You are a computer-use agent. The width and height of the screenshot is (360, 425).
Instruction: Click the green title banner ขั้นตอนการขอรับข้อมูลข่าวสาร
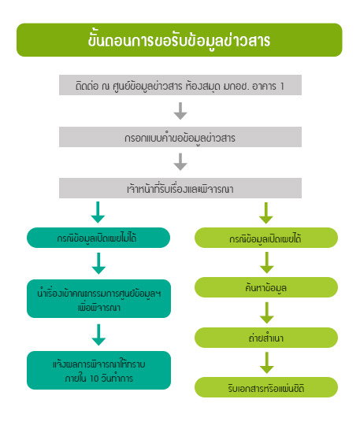click(180, 40)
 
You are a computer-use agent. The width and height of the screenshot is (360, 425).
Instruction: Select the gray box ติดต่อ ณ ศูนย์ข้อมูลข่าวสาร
click(180, 85)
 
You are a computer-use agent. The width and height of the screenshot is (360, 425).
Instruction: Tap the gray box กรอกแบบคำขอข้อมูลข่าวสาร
click(180, 137)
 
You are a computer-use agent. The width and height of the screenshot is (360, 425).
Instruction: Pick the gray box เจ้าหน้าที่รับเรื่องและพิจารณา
click(180, 188)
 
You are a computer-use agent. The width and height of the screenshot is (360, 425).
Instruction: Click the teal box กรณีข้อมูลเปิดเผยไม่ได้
click(98, 238)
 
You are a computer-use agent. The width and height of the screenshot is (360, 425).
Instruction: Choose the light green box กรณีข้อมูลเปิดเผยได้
click(266, 238)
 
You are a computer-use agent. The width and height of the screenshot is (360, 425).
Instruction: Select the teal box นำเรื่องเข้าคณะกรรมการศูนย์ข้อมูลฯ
click(98, 299)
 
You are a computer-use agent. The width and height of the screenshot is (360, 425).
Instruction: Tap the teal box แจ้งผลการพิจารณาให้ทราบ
click(98, 370)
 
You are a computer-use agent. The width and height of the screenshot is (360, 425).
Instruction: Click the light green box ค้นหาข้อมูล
click(266, 287)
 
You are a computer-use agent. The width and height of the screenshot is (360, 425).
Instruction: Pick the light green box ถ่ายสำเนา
click(266, 338)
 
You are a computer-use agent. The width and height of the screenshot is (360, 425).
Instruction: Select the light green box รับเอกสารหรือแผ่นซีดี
click(266, 387)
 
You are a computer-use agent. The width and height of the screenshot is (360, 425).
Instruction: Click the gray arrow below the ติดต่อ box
click(180, 111)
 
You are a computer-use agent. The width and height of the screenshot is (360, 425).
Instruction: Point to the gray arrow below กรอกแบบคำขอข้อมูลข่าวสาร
click(180, 162)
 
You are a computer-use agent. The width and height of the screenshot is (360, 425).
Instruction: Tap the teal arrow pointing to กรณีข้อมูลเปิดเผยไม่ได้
click(98, 213)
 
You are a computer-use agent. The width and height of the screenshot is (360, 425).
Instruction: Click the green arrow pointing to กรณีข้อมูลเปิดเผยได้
click(266, 213)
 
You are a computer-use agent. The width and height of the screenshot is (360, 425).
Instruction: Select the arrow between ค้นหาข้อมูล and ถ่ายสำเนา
click(267, 312)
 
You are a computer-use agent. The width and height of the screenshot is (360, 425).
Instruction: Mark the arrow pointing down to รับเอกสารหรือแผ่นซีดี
click(267, 363)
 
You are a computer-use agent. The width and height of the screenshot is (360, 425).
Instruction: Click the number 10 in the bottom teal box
click(94, 379)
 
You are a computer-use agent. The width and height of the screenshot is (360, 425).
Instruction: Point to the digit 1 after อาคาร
click(282, 87)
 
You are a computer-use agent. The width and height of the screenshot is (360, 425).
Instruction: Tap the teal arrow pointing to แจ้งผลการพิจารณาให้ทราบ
click(98, 334)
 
